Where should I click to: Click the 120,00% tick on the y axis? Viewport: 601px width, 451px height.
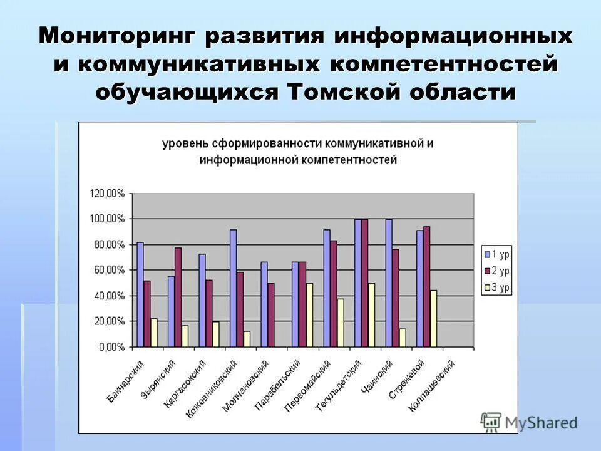[x=107, y=194]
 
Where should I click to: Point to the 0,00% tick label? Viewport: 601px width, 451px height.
[x=111, y=347]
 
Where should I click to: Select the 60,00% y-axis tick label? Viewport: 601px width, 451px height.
[x=109, y=270]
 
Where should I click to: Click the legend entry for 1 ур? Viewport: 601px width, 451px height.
[x=498, y=254]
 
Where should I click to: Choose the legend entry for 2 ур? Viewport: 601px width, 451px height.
[x=498, y=271]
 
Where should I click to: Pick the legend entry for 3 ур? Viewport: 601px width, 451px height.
[x=498, y=288]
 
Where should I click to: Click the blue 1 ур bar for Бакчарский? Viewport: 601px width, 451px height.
[x=140, y=294]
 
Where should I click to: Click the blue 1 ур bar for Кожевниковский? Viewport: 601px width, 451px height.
[x=234, y=288]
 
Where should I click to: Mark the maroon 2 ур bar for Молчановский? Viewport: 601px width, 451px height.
[x=271, y=314]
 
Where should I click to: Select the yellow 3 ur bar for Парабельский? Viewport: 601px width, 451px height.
[x=309, y=314]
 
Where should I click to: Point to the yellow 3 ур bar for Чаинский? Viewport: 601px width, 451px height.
[x=403, y=338]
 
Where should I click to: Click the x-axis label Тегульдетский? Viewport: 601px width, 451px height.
[x=338, y=386]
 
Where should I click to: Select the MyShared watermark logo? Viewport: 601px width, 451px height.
[x=529, y=422]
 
